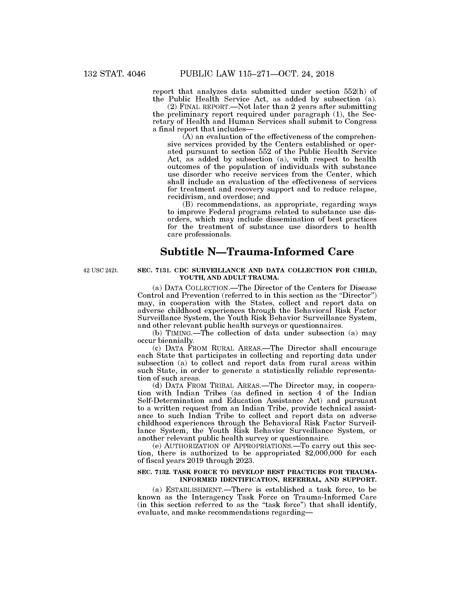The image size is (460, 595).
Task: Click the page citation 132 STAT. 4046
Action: [x=115, y=74]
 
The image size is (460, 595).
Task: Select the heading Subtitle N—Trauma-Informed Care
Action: [x=257, y=252]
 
